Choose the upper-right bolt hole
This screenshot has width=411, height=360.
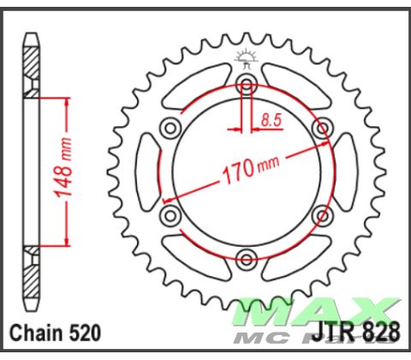coord(322,128)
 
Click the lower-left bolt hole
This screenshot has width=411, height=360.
coord(170,214)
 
